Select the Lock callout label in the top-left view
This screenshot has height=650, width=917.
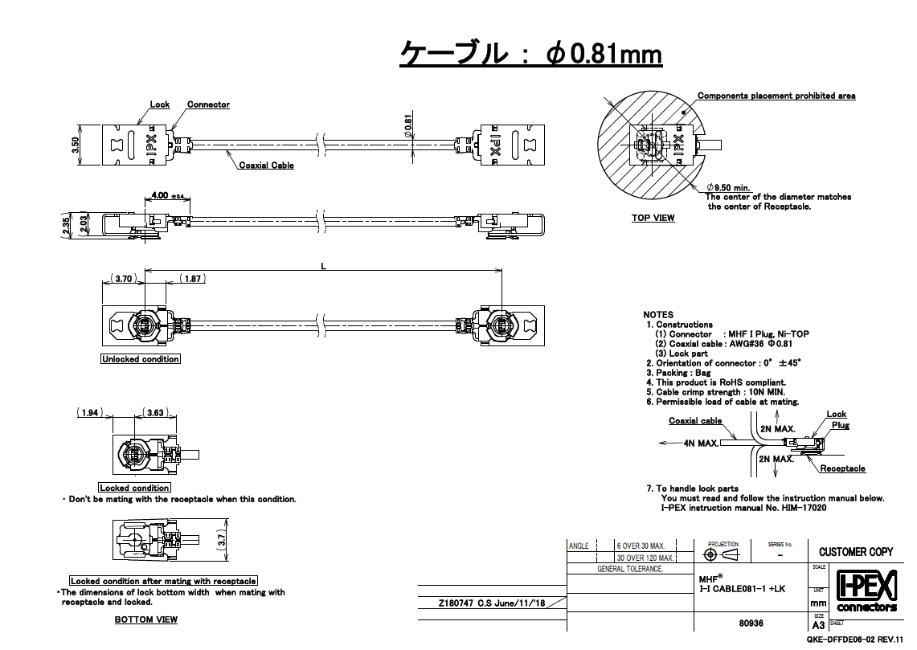click(x=160, y=104)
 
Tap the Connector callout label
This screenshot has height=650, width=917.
click(x=208, y=104)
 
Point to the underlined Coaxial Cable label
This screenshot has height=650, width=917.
click(x=266, y=166)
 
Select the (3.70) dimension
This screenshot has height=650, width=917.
click(x=124, y=279)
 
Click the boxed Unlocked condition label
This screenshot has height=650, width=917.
click(x=141, y=359)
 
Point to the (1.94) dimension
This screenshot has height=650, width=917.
click(x=90, y=412)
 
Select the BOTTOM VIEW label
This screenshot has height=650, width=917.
click(x=145, y=619)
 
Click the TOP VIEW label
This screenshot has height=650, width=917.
click(x=653, y=218)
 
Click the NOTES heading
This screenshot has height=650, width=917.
click(x=658, y=314)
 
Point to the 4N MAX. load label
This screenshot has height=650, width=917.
click(x=701, y=443)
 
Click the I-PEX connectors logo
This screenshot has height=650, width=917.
click(x=866, y=592)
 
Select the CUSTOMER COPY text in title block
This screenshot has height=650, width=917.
click(x=856, y=551)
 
